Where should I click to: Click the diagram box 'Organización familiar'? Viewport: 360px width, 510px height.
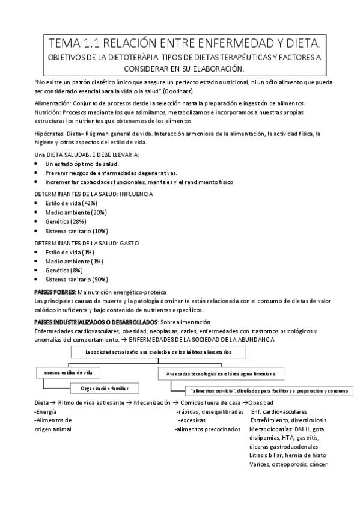(104, 387)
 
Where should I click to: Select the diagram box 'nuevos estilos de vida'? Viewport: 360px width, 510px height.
(68, 373)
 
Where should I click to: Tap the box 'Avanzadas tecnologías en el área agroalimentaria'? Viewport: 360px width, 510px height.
(221, 373)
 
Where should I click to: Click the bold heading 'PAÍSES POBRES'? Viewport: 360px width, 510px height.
(51, 291)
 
